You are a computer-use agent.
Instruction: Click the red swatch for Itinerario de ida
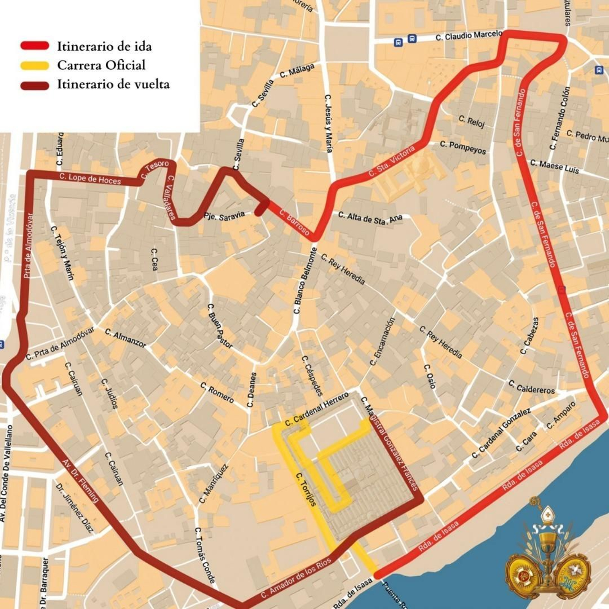pos(35,46)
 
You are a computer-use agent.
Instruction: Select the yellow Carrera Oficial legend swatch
pos(35,65)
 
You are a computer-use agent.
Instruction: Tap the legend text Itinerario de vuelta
pos(113,84)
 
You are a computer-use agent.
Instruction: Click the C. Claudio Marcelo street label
pos(469,36)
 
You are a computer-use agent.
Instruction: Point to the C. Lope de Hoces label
pos(90,179)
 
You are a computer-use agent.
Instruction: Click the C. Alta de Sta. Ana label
pos(370,218)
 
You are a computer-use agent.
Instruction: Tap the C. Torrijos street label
pos(306,489)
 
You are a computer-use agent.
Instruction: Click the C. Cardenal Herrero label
pos(317,409)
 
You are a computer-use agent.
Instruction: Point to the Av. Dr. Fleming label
pos(80,481)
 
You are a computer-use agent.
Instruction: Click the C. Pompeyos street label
pos(463,147)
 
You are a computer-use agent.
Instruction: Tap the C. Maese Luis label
pos(555,167)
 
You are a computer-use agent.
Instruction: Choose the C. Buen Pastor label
pos(220,326)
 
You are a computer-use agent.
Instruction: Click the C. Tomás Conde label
pos(205,555)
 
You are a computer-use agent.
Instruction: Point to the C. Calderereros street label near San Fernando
pos(531,387)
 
